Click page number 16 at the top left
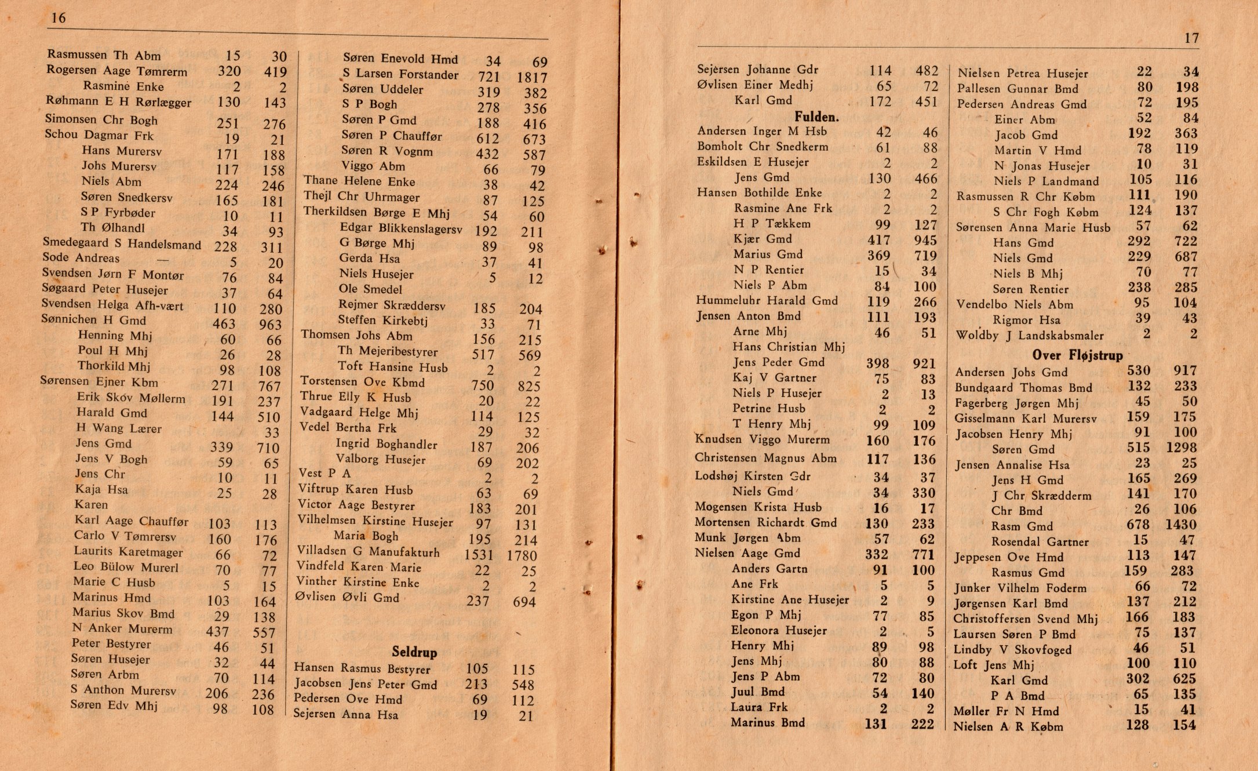point(59,18)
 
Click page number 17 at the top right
point(1191,38)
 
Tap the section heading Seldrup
point(414,652)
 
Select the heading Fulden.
point(816,117)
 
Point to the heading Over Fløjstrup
point(1077,355)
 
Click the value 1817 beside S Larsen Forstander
point(532,77)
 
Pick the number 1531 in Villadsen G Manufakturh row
point(479,555)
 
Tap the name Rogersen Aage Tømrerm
point(116,71)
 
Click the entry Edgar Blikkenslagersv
point(400,228)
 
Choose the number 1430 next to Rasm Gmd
point(1181,525)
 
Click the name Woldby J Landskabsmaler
point(1029,335)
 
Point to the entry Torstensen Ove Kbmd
point(362,382)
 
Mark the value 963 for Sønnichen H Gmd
point(271,325)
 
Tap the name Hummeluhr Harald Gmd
point(767,300)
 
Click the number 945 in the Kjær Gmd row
point(925,240)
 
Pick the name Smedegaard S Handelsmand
point(122,244)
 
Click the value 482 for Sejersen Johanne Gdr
point(927,71)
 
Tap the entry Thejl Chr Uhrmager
point(362,197)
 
